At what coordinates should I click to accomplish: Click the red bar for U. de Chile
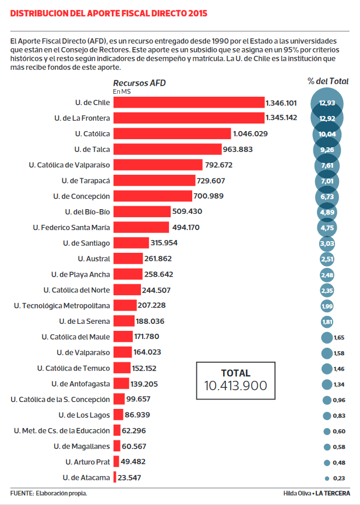coord(188,103)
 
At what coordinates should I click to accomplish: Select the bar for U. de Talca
coord(168,149)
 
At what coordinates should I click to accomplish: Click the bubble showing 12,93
coord(327,103)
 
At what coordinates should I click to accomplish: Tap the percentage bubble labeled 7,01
coord(327,181)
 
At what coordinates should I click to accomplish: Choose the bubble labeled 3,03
coord(327,243)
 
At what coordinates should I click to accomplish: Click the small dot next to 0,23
coord(327,478)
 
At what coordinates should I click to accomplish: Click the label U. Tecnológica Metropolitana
coord(62,305)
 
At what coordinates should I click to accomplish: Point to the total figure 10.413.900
coord(235,386)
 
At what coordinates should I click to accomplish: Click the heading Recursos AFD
coord(139,83)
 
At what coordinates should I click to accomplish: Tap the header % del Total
coord(328,81)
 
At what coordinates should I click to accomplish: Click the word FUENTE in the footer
coord(21,493)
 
